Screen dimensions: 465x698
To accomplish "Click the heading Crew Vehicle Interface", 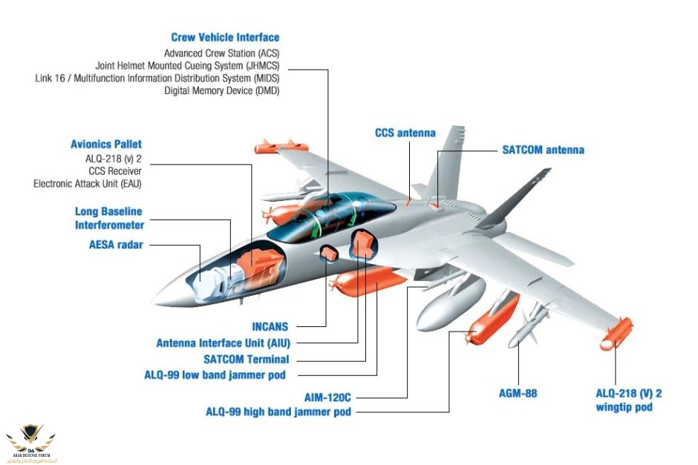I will [x=225, y=37].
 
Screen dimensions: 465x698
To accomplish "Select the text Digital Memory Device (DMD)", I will [x=222, y=90].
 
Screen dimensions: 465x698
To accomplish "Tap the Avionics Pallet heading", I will [x=106, y=144].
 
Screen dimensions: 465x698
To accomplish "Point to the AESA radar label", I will [x=115, y=244].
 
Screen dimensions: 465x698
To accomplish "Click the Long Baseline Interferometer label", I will [x=109, y=218].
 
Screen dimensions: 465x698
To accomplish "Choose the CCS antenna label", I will [x=405, y=133].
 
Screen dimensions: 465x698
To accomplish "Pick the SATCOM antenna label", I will [x=544, y=150].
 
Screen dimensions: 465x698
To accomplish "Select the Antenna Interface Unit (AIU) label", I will [x=221, y=343].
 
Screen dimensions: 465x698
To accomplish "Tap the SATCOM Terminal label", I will [x=245, y=359].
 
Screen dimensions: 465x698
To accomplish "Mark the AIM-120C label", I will [x=327, y=397].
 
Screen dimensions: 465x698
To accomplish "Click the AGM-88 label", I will [x=518, y=393].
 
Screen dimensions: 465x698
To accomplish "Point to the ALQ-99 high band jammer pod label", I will [x=278, y=411].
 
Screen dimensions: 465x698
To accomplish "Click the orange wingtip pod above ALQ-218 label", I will [x=616, y=334].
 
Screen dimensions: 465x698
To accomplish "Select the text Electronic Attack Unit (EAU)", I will [x=88, y=183].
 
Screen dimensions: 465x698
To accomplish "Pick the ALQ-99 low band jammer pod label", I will [x=215, y=375].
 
